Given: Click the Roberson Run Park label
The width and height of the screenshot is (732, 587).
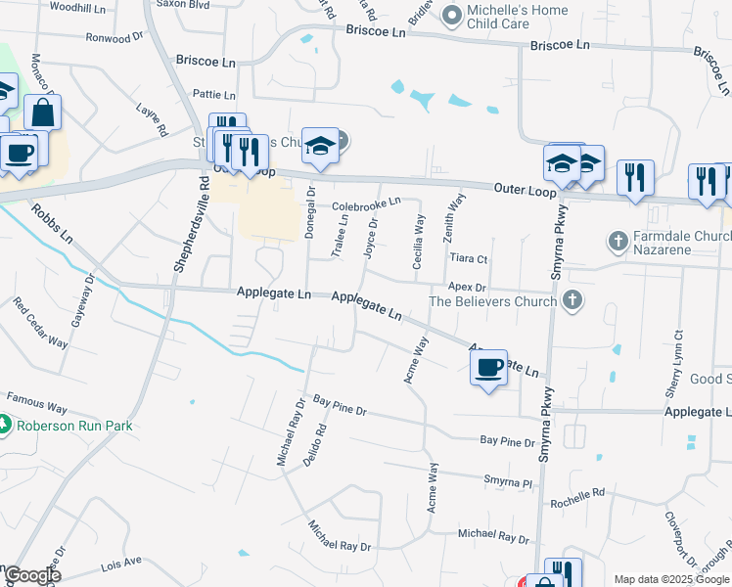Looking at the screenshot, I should pyautogui.click(x=73, y=426).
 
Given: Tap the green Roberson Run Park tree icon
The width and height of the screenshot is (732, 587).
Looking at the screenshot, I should pyautogui.click(x=5, y=426).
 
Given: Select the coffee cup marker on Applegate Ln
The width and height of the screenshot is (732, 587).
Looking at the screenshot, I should pyautogui.click(x=488, y=368).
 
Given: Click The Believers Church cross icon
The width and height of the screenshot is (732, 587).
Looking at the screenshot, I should pyautogui.click(x=573, y=300).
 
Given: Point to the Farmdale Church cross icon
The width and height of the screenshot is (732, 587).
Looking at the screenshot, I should pyautogui.click(x=618, y=240).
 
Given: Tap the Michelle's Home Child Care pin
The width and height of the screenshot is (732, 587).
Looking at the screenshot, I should pyautogui.click(x=451, y=15).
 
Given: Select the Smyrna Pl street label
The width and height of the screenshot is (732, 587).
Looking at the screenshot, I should pyautogui.click(x=507, y=481).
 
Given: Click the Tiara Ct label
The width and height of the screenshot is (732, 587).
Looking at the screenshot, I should pyautogui.click(x=468, y=258).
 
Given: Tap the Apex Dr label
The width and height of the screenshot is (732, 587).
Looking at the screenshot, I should pyautogui.click(x=468, y=285).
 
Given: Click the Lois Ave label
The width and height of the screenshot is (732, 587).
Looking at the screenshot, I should pyautogui.click(x=121, y=563).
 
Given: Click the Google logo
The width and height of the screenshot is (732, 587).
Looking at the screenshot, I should pyautogui.click(x=31, y=575).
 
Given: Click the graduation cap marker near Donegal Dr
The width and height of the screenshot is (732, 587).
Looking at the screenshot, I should pyautogui.click(x=319, y=146).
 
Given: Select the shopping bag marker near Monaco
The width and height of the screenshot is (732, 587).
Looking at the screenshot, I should pyautogui.click(x=43, y=112).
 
